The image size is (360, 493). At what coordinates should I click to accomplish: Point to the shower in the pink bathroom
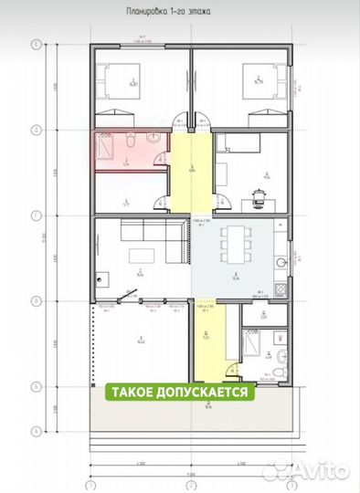pos(102,147)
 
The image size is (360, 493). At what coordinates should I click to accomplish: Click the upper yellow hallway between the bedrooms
pos(191,169)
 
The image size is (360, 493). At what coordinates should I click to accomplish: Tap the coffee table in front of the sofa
pos(136,254)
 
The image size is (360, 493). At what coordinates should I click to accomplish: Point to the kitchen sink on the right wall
pos(283,261)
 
